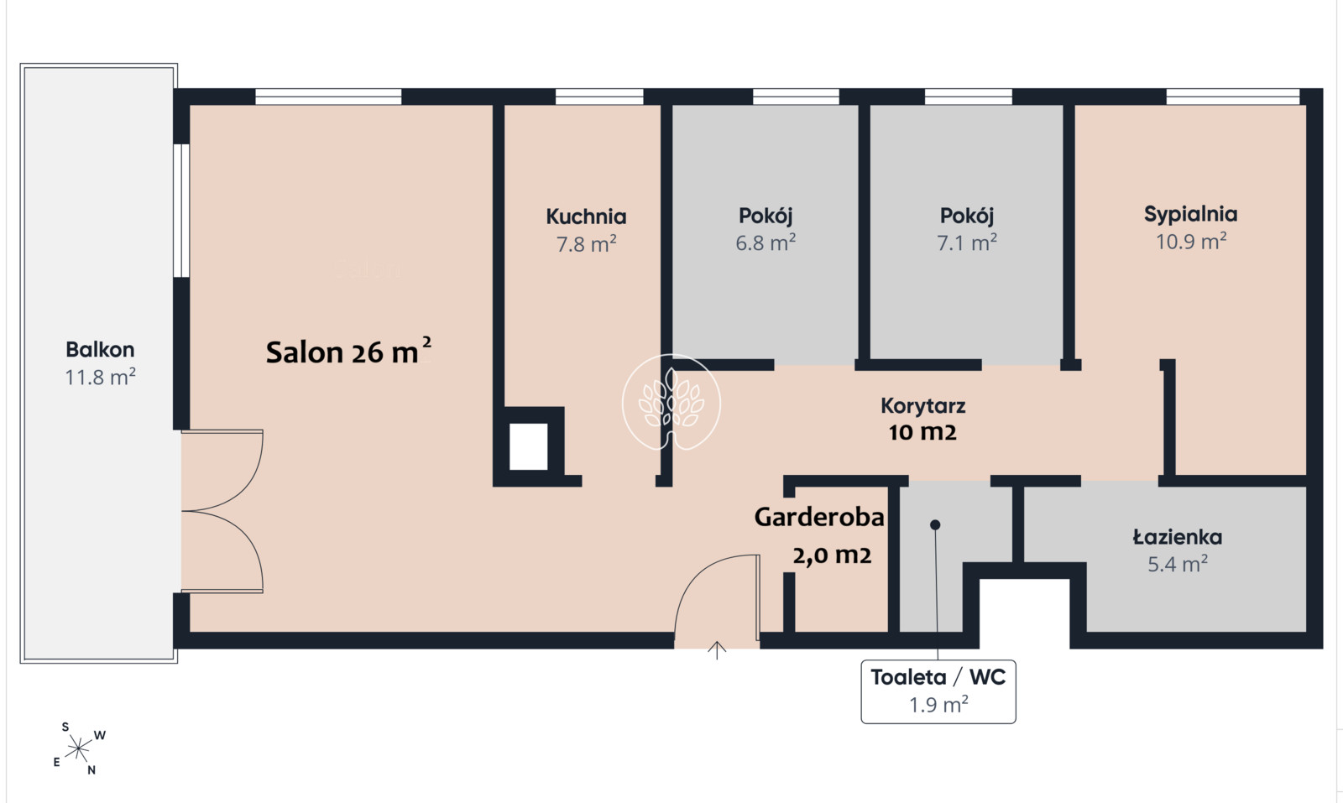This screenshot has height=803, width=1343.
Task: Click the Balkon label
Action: (100, 349)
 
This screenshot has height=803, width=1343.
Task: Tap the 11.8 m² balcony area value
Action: (100, 377)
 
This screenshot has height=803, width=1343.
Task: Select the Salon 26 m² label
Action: (348, 352)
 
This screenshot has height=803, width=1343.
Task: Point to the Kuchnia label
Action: (586, 216)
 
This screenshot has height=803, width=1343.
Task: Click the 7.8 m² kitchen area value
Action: (587, 244)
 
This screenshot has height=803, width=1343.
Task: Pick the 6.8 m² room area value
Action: (766, 242)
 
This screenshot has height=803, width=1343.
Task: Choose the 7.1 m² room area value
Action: (967, 242)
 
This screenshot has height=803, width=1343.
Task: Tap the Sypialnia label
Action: (1191, 215)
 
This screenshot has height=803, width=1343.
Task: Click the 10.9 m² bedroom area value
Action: (1191, 242)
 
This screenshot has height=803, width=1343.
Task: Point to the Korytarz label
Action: (923, 406)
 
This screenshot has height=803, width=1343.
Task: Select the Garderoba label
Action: (819, 517)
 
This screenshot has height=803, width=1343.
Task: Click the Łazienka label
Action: (1178, 537)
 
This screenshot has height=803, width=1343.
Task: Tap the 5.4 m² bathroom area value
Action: (1178, 565)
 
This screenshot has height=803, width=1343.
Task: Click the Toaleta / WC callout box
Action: (938, 691)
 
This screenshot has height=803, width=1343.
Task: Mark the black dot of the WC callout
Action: (935, 525)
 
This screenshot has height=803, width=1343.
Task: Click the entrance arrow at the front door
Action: (717, 651)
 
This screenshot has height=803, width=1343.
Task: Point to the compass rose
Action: (79, 748)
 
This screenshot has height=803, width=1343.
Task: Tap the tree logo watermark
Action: (671, 401)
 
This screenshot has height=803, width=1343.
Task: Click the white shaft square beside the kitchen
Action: (528, 446)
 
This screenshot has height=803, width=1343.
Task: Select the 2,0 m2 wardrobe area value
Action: (832, 555)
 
